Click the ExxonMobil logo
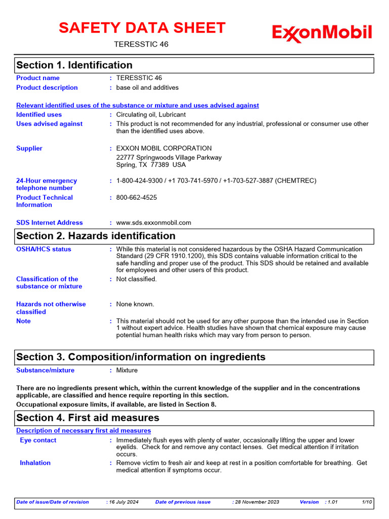click(322, 33)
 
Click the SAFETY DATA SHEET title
click(142, 28)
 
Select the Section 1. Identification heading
click(74, 65)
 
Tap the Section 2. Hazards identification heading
click(96, 236)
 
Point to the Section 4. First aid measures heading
click(88, 418)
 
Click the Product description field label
click(47, 88)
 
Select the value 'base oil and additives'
click(147, 88)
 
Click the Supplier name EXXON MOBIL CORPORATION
click(164, 149)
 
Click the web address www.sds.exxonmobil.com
click(153, 223)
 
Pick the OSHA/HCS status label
click(44, 249)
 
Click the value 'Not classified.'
click(137, 279)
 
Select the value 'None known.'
click(135, 305)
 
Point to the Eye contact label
click(38, 440)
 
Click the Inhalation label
click(35, 463)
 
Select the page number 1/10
click(367, 502)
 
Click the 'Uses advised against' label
click(49, 124)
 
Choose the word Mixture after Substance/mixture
click(127, 370)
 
